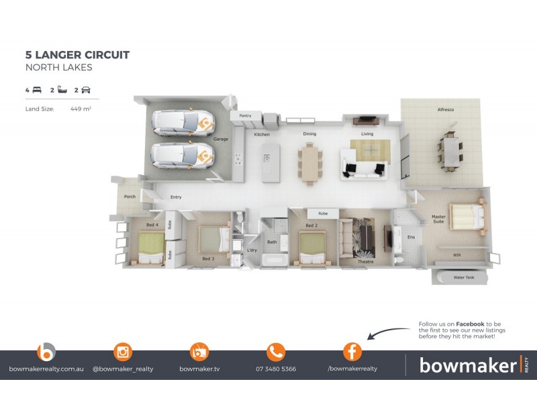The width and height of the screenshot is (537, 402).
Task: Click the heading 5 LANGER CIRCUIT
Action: (77, 55)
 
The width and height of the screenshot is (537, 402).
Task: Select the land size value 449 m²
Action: (80, 108)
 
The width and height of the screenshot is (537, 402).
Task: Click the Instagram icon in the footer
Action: (123, 352)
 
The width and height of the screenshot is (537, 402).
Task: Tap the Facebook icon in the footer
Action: (352, 352)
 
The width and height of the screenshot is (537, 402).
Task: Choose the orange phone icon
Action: (276, 352)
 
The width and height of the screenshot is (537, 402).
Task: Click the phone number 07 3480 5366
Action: (276, 368)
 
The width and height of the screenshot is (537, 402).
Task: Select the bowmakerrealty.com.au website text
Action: (46, 368)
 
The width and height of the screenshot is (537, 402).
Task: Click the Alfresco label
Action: (446, 109)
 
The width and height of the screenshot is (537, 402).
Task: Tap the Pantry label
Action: (245, 116)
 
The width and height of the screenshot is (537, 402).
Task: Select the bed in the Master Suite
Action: (467, 216)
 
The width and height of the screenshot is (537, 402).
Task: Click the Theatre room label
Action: (365, 262)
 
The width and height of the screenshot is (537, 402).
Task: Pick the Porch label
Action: (130, 196)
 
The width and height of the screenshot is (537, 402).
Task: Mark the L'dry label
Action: (252, 250)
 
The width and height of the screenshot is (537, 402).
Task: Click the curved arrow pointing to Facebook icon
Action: (389, 332)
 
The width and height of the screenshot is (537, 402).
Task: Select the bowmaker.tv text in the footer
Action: (199, 368)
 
